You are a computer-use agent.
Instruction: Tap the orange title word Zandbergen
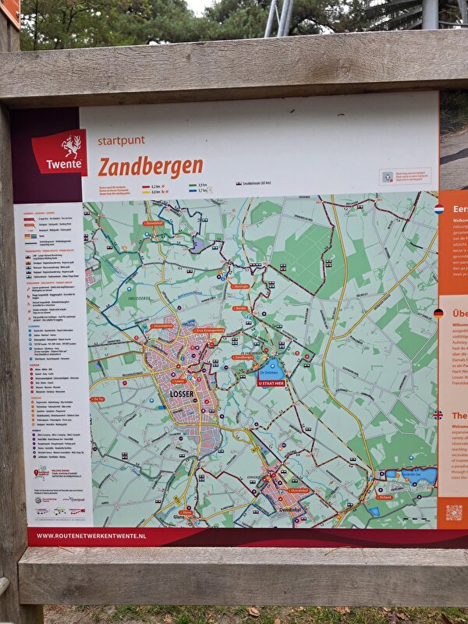(x=151, y=166)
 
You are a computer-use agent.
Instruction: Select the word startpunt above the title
(x=121, y=142)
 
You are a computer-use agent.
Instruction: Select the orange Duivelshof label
(x=154, y=223)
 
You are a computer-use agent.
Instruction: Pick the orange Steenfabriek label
(x=162, y=326)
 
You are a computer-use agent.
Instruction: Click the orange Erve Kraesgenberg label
(x=209, y=330)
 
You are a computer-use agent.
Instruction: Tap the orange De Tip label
(x=98, y=399)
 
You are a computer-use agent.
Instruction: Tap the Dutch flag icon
(x=438, y=209)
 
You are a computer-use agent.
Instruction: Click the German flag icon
(x=438, y=314)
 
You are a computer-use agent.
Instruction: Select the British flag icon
(x=438, y=416)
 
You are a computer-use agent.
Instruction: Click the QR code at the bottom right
(x=453, y=512)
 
